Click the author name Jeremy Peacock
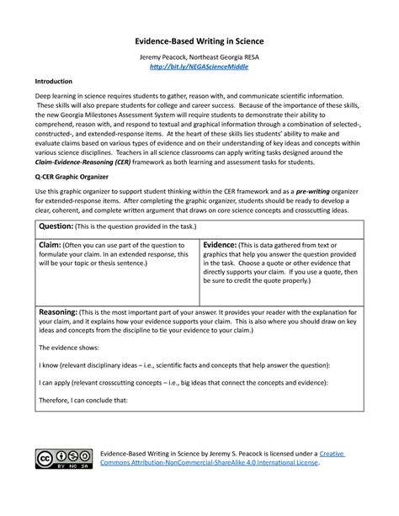coord(162,55)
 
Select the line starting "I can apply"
coord(178,382)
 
